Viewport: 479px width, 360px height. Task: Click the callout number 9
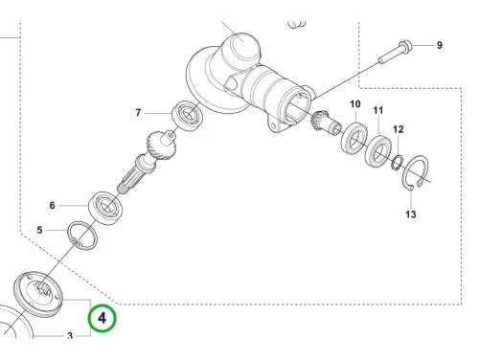440,45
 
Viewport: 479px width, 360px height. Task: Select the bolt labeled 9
396,53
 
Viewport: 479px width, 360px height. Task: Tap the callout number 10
355,104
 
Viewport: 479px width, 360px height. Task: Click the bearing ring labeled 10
354,137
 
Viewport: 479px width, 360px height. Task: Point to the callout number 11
378,110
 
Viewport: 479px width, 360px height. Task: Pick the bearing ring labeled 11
378,150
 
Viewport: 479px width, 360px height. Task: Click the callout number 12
399,129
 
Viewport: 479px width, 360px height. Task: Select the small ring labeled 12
398,161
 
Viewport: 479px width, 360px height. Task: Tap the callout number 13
411,214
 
